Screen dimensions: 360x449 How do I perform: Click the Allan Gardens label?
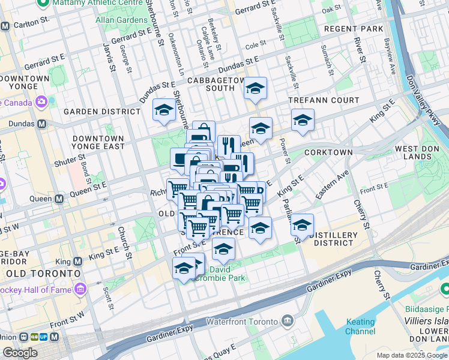[122, 20]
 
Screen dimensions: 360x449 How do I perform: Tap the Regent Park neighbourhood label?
[353, 29]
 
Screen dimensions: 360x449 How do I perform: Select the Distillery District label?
[334, 238]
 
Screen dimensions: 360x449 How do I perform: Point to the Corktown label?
[328, 152]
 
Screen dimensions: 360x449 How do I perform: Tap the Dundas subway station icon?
[41, 124]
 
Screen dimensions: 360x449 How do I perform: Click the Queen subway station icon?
[59, 199]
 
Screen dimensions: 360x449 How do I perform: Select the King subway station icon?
[77, 262]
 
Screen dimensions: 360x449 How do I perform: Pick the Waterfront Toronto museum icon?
[288, 321]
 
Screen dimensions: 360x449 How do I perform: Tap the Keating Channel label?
[361, 326]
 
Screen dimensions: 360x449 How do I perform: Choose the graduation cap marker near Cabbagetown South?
[255, 89]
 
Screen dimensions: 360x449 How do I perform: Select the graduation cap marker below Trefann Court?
[303, 119]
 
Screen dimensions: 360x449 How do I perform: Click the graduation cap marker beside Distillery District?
[303, 224]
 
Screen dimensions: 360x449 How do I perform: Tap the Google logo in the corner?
[20, 353]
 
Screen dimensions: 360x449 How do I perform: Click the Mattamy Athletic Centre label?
[90, 3]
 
